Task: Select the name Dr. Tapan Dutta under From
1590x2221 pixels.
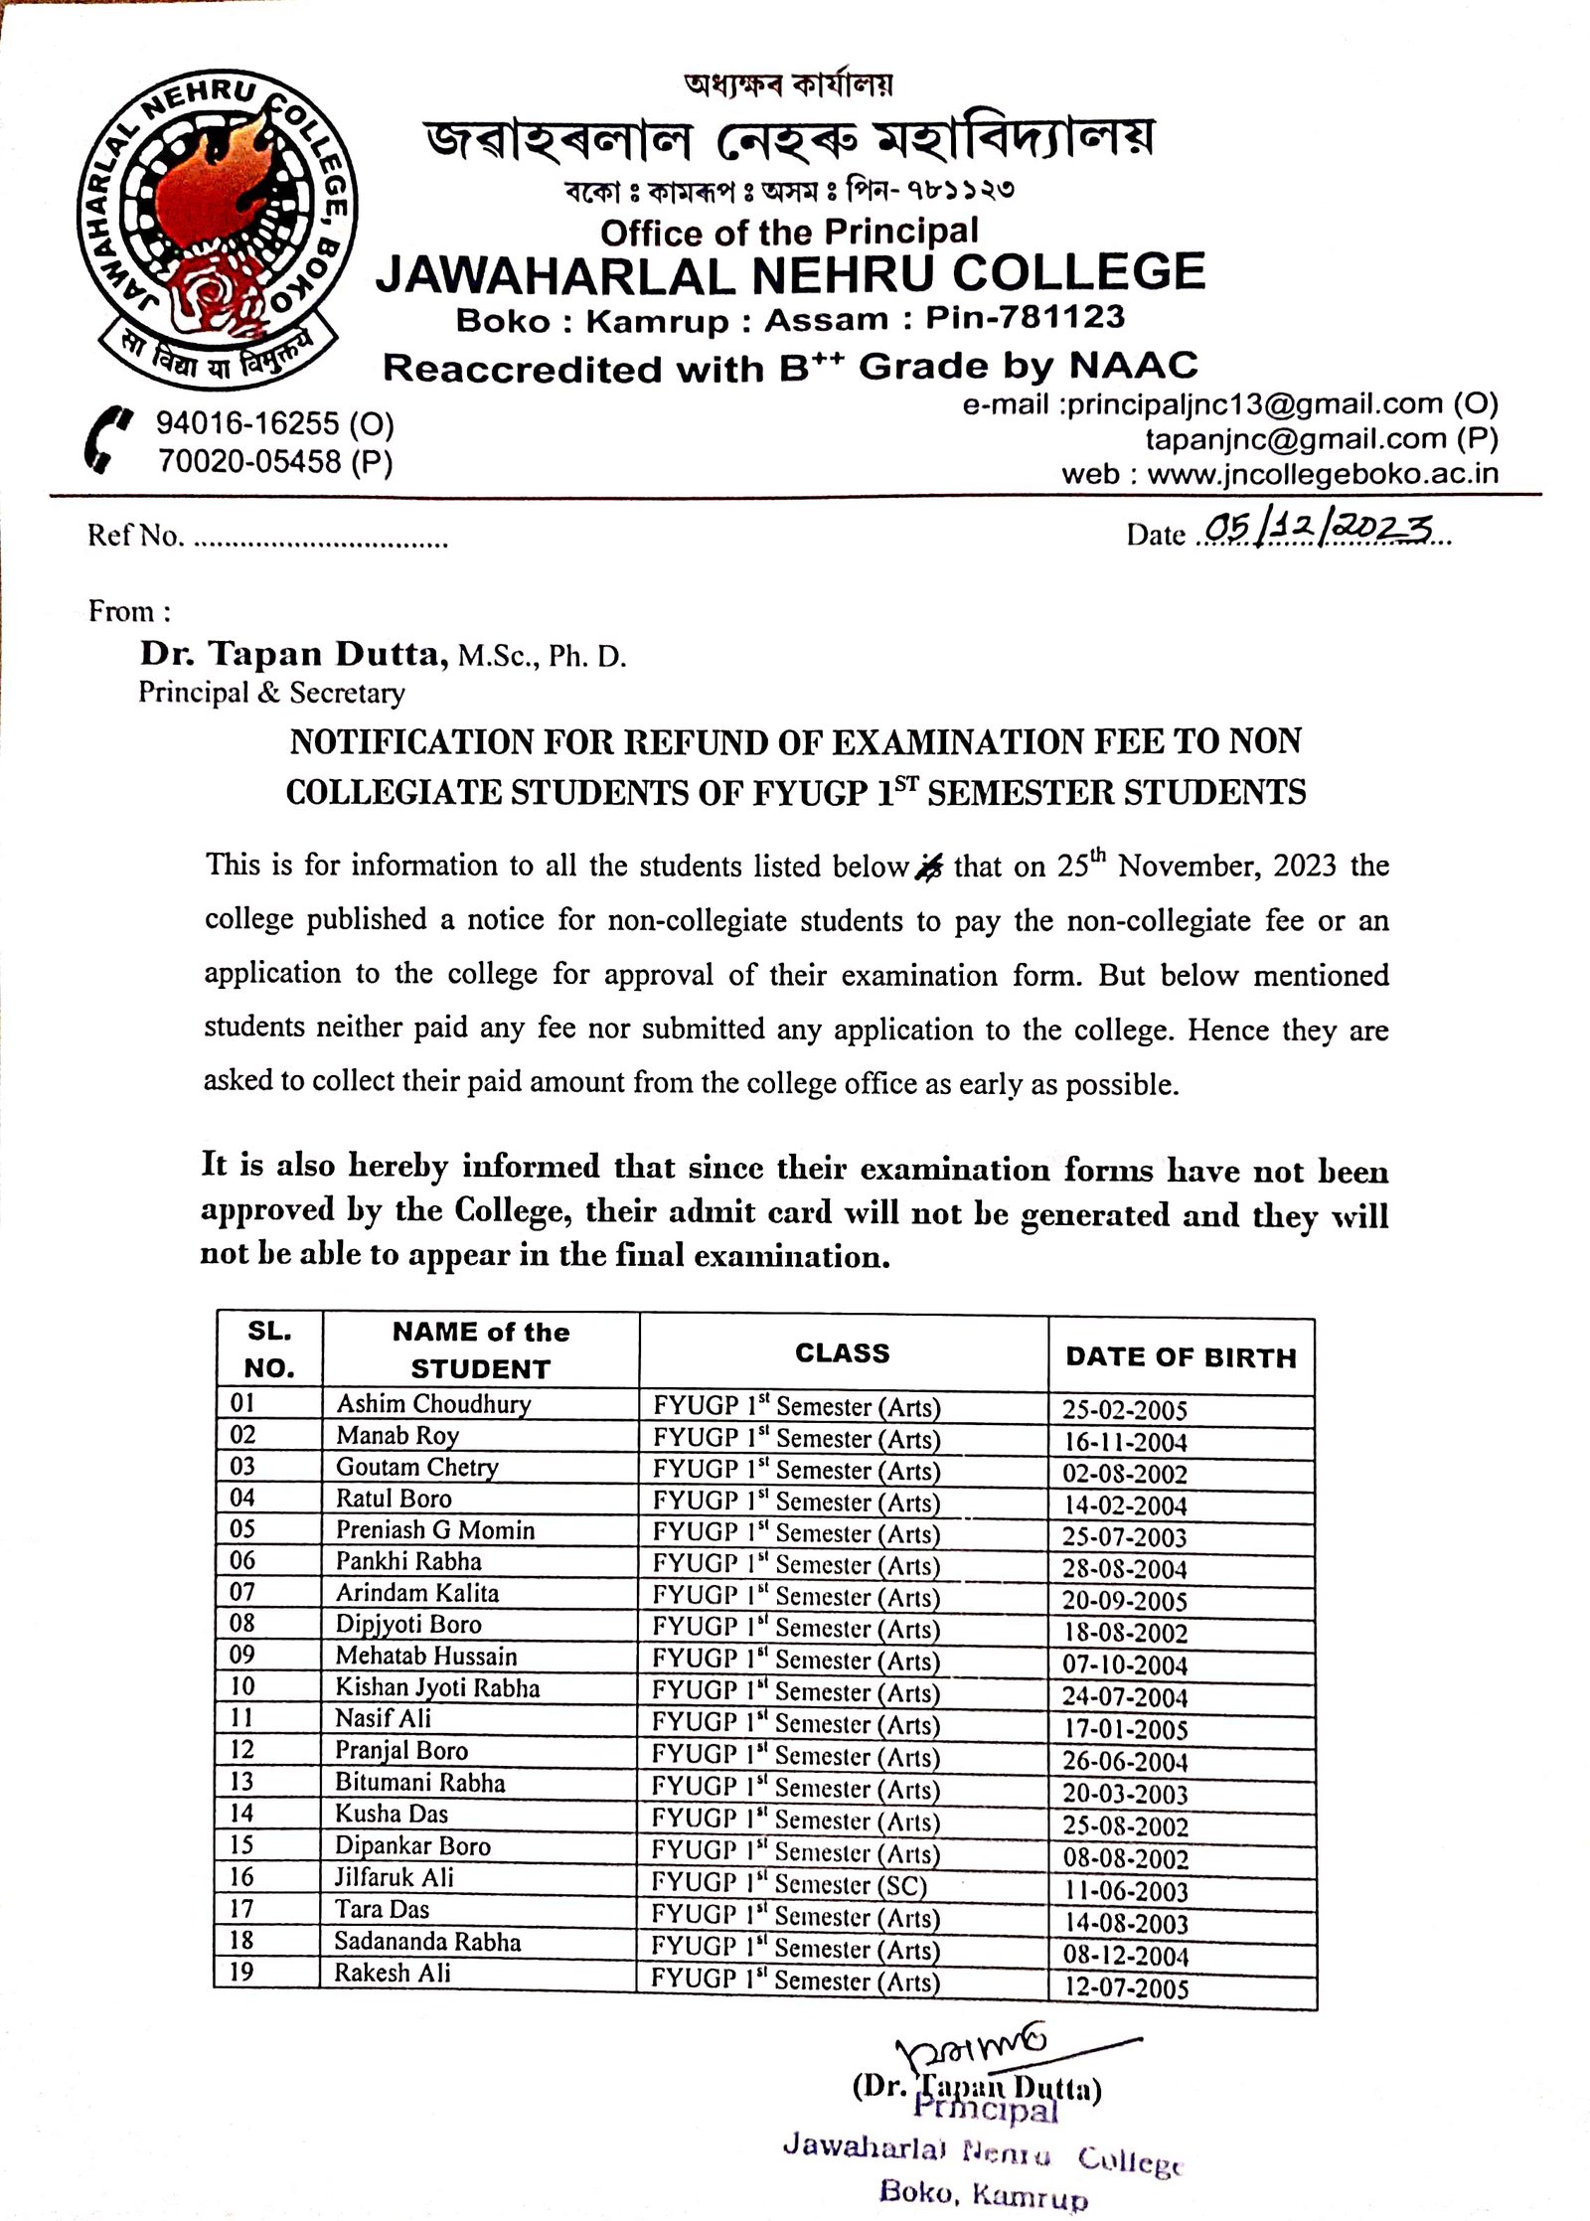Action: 289,653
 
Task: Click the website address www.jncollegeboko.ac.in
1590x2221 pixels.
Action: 1322,473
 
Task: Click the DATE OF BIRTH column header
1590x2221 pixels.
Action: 1181,1357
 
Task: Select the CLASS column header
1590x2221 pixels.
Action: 842,1352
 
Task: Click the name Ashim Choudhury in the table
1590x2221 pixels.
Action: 433,1403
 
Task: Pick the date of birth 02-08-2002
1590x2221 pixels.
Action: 1125,1474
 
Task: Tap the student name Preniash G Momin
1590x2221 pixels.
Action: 434,1529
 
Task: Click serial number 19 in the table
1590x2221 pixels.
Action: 241,1972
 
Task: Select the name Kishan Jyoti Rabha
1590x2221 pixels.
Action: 437,1687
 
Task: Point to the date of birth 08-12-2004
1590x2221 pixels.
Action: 1125,1955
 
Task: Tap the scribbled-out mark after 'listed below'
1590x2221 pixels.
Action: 928,868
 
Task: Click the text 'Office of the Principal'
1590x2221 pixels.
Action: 789,233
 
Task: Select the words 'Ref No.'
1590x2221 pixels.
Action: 135,536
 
